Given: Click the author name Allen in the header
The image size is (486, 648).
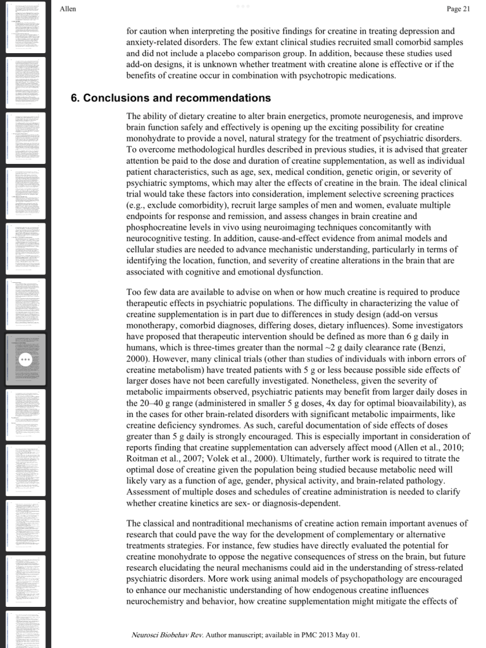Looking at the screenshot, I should pyautogui.click(x=67, y=9).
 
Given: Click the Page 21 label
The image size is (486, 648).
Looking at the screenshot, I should pyautogui.click(x=458, y=9).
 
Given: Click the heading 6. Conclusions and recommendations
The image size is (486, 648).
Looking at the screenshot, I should pyautogui.click(x=170, y=98).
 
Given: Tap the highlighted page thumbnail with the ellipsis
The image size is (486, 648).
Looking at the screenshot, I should pyautogui.click(x=26, y=359).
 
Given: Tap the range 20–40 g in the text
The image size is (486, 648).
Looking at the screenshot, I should pyautogui.click(x=151, y=403).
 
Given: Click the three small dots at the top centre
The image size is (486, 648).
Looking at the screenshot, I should pyautogui.click(x=243, y=6).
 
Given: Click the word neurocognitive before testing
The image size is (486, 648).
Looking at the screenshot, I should pyautogui.click(x=158, y=239).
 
